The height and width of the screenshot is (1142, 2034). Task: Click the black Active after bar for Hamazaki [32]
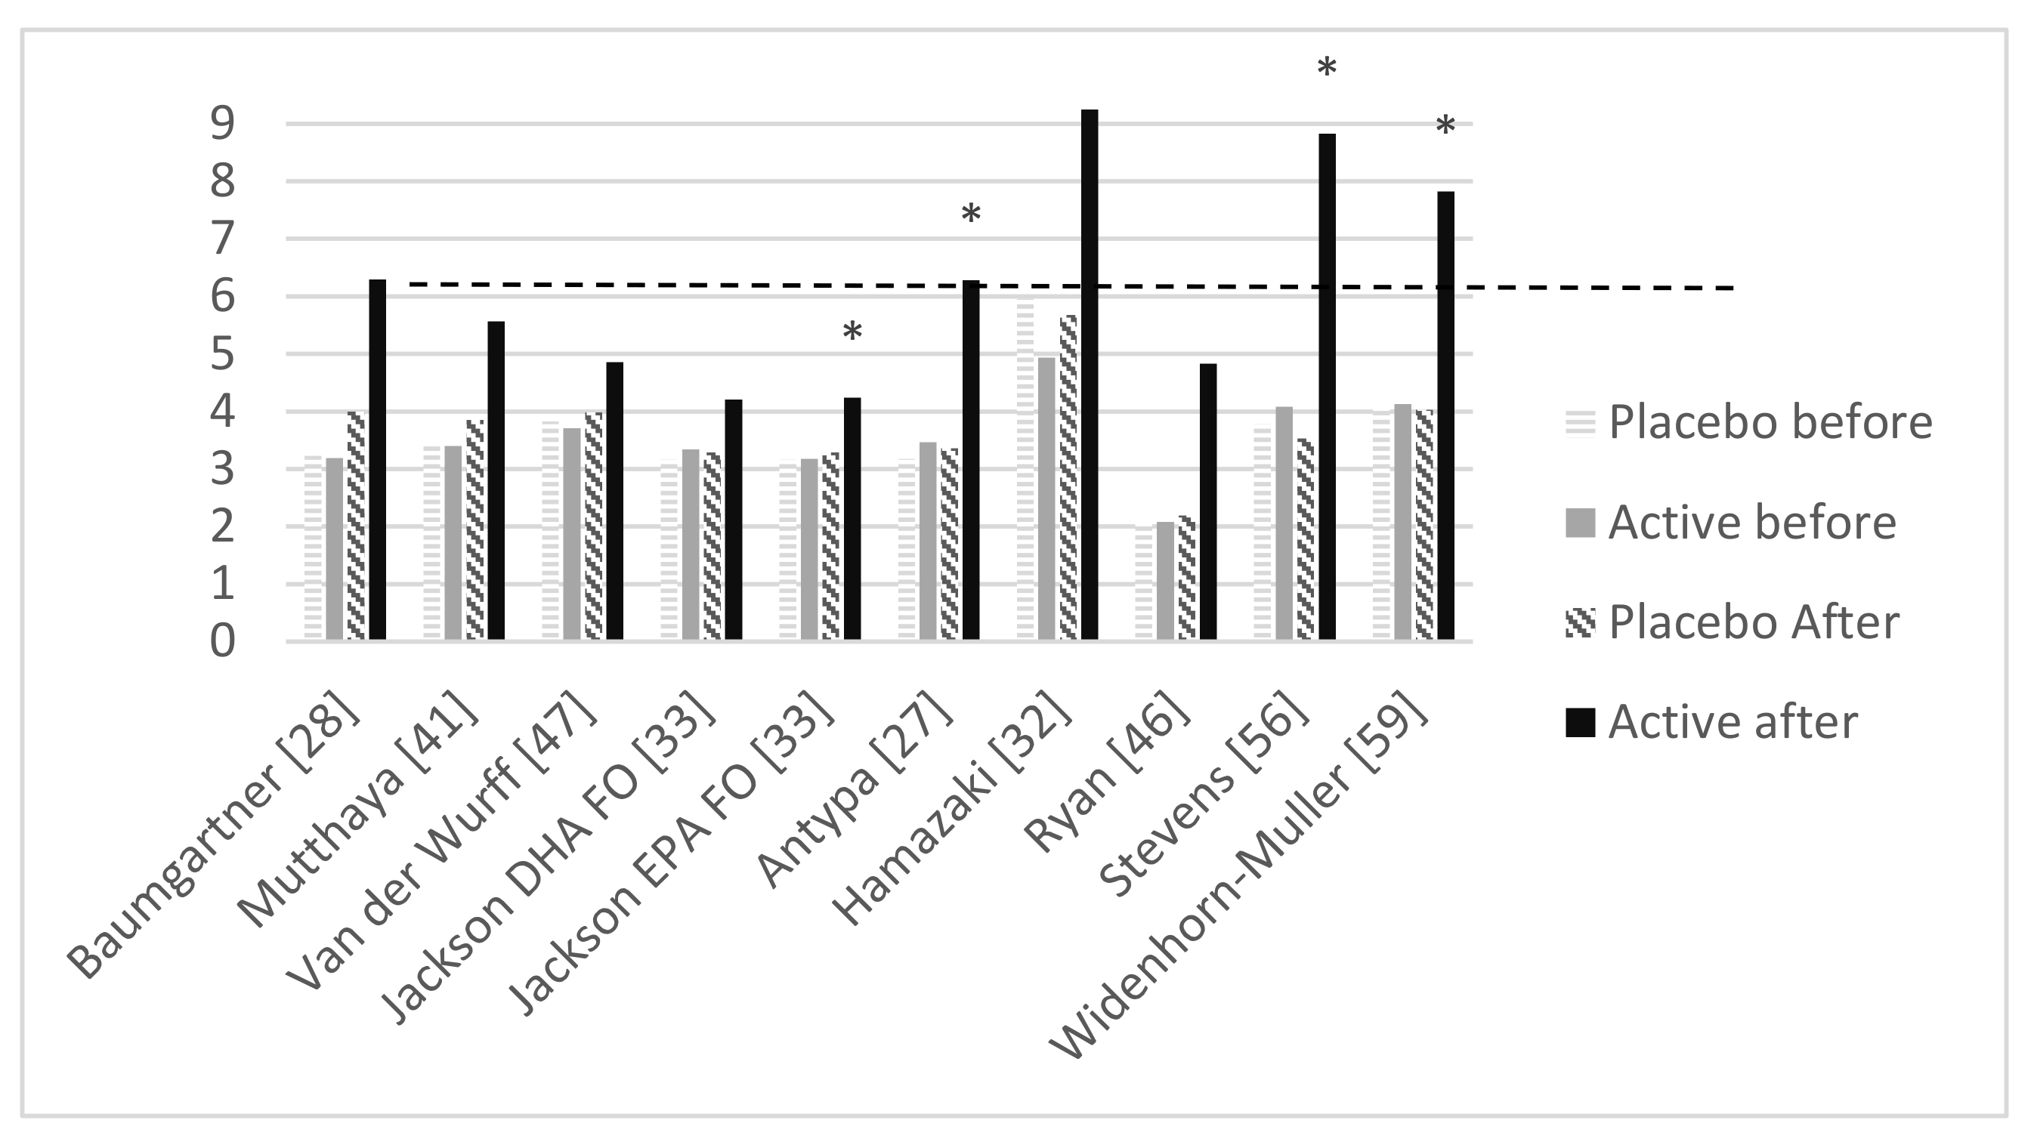point(1090,374)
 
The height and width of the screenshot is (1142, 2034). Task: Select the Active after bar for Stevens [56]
point(1327,387)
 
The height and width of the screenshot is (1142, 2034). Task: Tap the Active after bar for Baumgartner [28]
point(378,459)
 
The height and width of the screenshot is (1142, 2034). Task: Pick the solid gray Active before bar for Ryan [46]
point(1165,580)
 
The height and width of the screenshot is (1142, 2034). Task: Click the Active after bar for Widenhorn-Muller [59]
point(1445,415)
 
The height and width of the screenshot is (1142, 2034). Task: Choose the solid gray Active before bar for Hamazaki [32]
point(1046,498)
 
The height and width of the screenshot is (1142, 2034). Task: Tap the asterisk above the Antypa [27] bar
point(970,215)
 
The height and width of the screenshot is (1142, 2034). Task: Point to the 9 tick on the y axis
point(223,124)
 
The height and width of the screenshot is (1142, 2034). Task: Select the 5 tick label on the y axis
point(223,354)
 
